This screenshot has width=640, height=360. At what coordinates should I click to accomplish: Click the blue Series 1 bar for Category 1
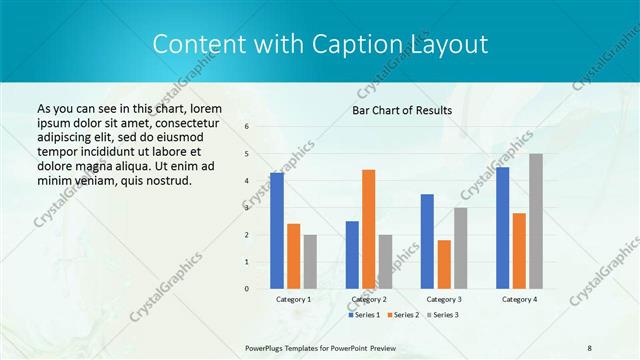click(x=277, y=231)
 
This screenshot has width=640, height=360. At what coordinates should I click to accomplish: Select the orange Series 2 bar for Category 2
click(x=368, y=229)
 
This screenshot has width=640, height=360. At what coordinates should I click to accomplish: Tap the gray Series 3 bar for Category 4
click(x=536, y=221)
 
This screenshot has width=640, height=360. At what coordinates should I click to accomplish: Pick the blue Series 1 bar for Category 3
click(x=427, y=241)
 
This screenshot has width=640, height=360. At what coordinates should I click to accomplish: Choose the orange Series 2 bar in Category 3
click(x=444, y=264)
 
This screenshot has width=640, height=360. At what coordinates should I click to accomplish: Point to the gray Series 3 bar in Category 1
click(x=310, y=262)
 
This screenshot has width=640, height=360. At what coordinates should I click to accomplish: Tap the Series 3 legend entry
click(x=443, y=315)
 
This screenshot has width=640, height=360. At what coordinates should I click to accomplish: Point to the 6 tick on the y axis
click(x=247, y=126)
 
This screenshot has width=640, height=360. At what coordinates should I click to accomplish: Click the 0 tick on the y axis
click(x=247, y=289)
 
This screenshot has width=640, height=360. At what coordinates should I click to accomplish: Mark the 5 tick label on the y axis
click(x=247, y=153)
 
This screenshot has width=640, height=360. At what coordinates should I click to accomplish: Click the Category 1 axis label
click(x=294, y=299)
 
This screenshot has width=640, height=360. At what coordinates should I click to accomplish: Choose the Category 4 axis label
click(x=519, y=299)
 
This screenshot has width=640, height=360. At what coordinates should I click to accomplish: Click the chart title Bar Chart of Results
click(x=402, y=110)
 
